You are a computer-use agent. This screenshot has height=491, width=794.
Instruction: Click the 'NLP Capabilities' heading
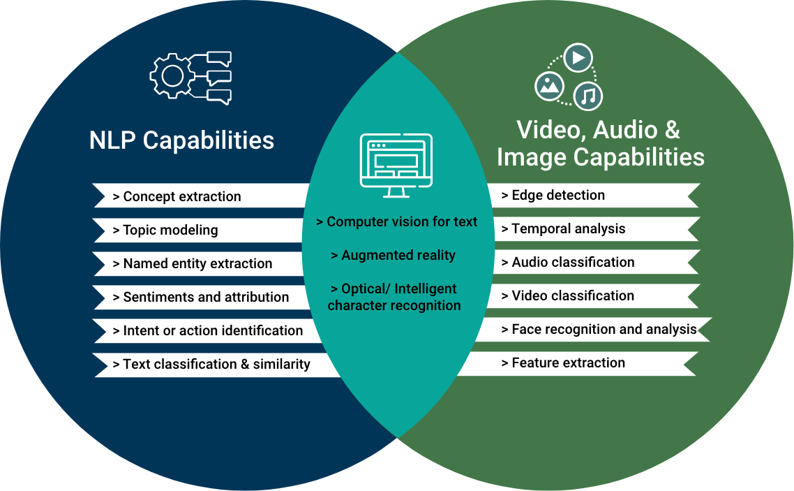181,140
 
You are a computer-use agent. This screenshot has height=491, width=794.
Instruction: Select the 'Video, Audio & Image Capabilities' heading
600,143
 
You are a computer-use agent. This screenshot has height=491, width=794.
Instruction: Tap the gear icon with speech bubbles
190,78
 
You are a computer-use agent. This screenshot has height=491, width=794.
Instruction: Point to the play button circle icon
578,58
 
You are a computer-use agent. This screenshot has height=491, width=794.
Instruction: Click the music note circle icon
588,96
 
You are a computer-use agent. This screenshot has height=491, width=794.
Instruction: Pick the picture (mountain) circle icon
549,86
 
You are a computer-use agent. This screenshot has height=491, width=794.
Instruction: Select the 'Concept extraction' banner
181,197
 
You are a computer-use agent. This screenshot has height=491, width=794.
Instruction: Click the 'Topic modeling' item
170,230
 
